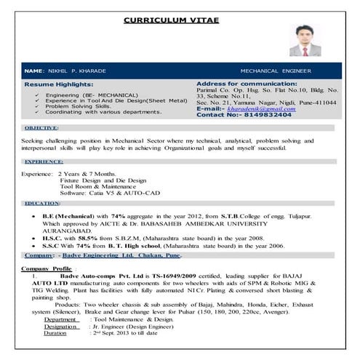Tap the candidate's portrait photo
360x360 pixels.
[303, 41]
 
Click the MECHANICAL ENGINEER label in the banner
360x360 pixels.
[276, 71]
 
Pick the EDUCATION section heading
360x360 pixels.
[42, 204]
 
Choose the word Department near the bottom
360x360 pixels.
[60, 319]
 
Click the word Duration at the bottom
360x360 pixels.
[57, 332]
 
